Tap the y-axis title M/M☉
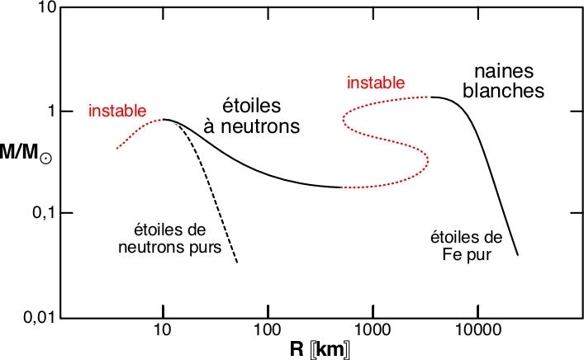(x=27, y=156)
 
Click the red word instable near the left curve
(x=117, y=111)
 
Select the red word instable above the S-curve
(x=376, y=83)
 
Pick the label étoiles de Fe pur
(x=461, y=246)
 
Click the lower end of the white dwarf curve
(x=518, y=254)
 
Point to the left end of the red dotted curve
(x=117, y=148)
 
